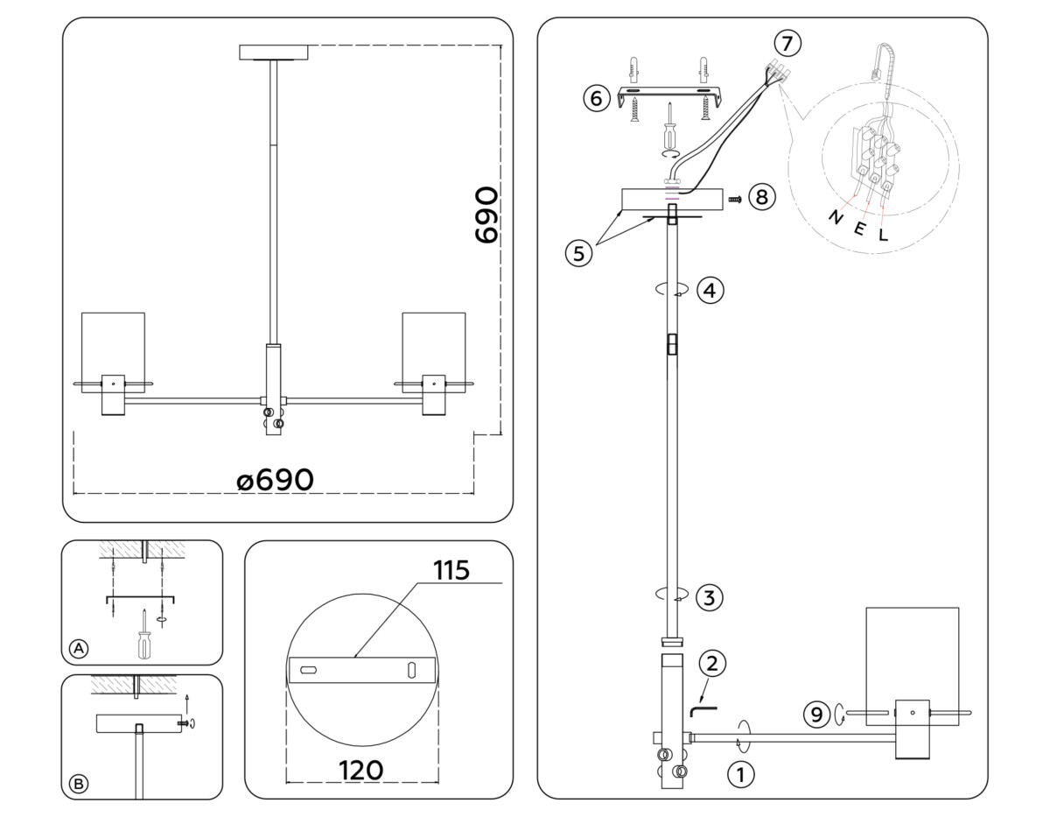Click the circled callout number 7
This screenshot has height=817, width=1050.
787,41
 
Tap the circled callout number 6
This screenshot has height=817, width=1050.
596,98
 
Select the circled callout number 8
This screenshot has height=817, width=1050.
761,197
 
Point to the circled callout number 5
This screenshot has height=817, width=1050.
577,253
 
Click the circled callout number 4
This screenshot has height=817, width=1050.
710,290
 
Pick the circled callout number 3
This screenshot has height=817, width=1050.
710,598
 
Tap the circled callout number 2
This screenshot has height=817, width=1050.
712,663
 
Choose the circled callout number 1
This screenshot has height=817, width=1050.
740,774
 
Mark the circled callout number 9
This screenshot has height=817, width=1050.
816,715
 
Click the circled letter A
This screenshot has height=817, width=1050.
79,649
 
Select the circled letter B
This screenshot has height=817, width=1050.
79,784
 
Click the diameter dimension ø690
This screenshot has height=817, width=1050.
275,480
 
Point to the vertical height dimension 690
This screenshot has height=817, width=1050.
486,215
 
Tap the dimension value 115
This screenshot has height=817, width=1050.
451,570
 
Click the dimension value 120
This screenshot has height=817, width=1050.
360,770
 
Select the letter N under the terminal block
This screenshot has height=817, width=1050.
835,218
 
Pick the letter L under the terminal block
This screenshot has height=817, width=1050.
883,234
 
